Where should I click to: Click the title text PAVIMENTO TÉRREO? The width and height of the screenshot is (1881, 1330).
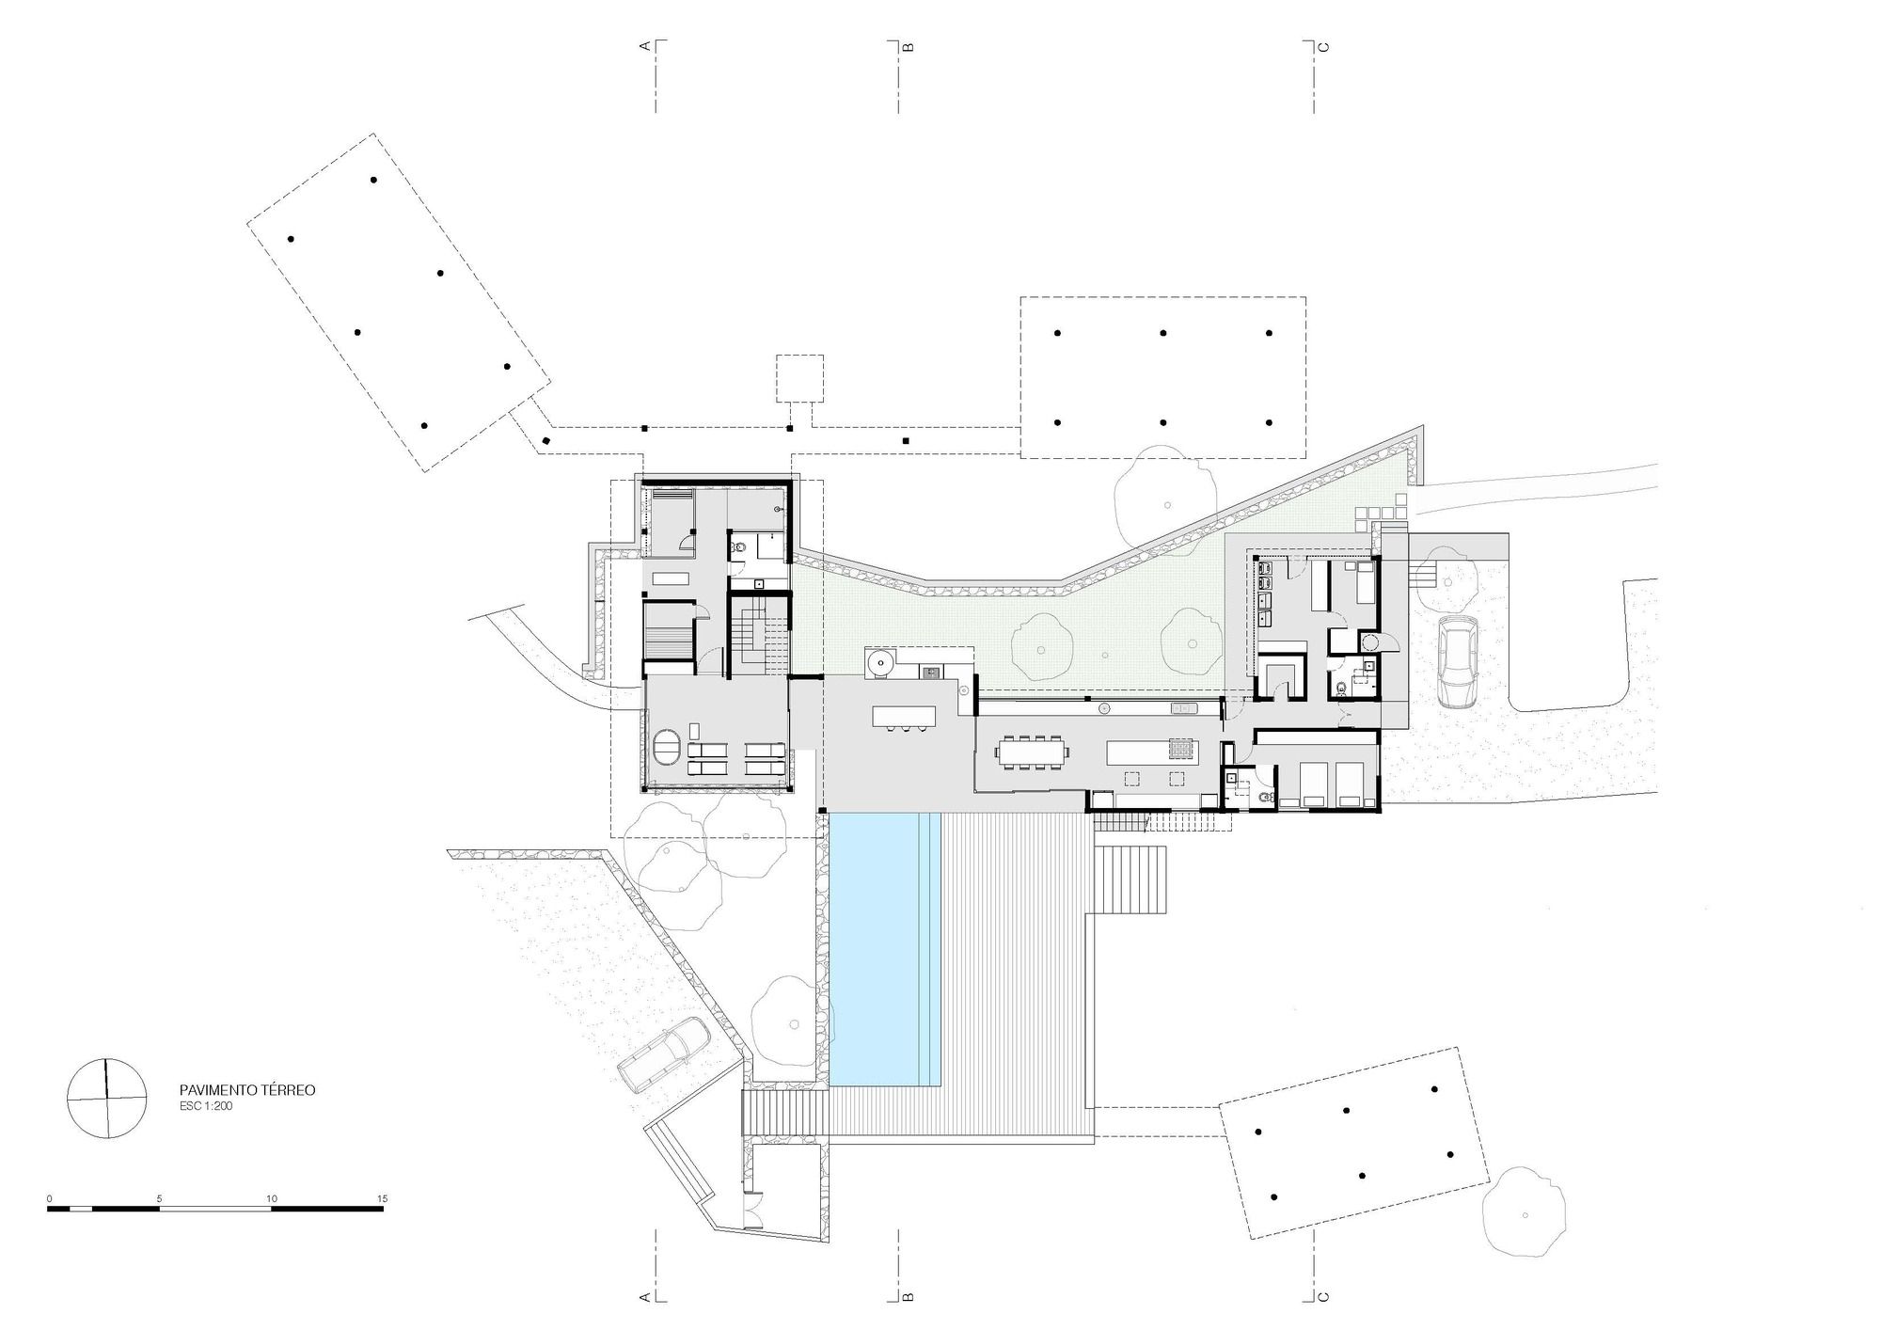pos(247,1090)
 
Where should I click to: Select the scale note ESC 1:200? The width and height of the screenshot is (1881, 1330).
pos(206,1107)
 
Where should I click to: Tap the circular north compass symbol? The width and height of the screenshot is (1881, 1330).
pos(107,1099)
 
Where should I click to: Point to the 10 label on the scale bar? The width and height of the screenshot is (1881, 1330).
pos(272,1198)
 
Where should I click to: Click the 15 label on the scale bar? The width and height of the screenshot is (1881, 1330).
pos(382,1198)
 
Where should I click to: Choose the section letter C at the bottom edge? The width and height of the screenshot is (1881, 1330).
pos(1323,1297)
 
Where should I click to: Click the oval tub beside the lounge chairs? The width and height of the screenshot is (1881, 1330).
pos(670,752)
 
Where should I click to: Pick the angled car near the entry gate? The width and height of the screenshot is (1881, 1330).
pos(665,1054)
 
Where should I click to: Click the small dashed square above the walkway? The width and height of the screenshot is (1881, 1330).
pos(799,378)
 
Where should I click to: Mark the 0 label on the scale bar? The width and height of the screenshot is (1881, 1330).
pos(49,1198)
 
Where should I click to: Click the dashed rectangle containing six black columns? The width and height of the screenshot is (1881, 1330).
pos(1162,378)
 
